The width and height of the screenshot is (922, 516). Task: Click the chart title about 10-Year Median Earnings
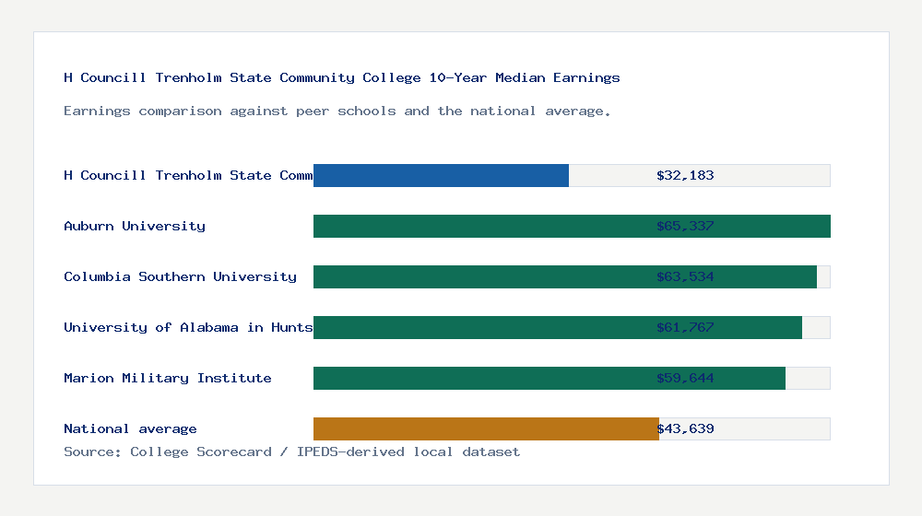pyautogui.click(x=342, y=77)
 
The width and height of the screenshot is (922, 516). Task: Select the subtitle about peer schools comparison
pyautogui.click(x=337, y=111)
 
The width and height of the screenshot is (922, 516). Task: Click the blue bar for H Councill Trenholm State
pyautogui.click(x=441, y=175)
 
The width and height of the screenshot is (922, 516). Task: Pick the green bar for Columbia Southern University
pyautogui.click(x=479, y=276)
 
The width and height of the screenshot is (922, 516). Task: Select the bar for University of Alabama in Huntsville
pyautogui.click(x=479, y=327)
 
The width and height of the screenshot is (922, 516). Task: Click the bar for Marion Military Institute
pyautogui.click(x=479, y=378)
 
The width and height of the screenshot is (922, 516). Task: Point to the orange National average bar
pyautogui.click(x=486, y=428)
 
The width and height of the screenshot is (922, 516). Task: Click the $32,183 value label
pyautogui.click(x=685, y=175)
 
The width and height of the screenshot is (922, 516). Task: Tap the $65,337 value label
pyautogui.click(x=685, y=226)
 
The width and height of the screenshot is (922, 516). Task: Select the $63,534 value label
pyautogui.click(x=685, y=276)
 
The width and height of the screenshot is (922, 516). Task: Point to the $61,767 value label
pyautogui.click(x=685, y=327)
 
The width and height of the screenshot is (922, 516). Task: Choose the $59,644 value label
pyautogui.click(x=685, y=378)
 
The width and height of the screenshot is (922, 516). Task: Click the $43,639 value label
pyautogui.click(x=685, y=428)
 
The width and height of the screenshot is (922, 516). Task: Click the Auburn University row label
pyautogui.click(x=135, y=226)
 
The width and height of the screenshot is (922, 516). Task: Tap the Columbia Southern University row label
pyautogui.click(x=180, y=276)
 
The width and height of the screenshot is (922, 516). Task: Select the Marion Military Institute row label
pyautogui.click(x=168, y=378)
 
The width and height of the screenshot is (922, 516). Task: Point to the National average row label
pyautogui.click(x=130, y=428)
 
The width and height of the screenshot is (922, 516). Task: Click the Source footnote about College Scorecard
pyautogui.click(x=291, y=451)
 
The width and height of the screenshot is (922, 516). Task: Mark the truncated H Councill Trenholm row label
pyautogui.click(x=188, y=175)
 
